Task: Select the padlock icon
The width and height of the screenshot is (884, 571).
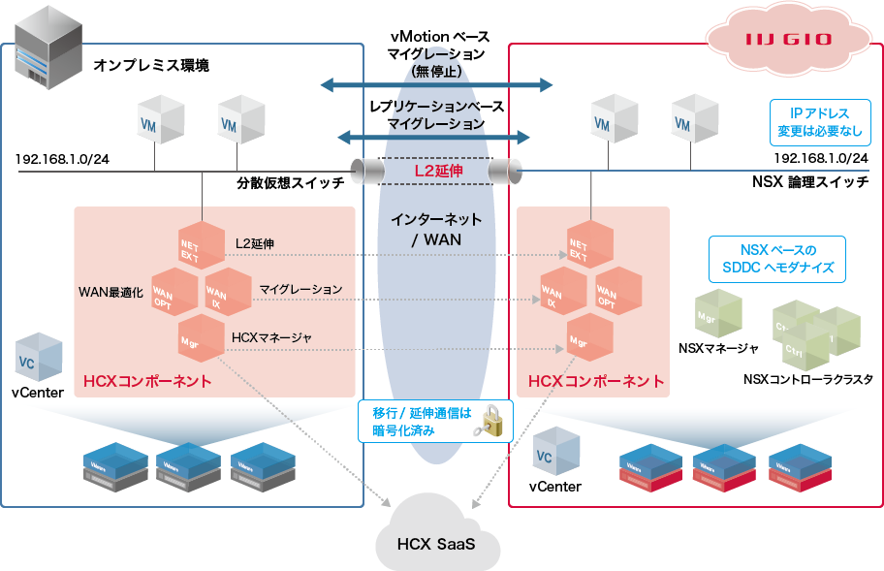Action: click(x=497, y=423)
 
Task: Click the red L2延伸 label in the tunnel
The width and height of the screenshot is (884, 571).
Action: click(x=438, y=171)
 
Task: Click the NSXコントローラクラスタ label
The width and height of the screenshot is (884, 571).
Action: click(x=807, y=380)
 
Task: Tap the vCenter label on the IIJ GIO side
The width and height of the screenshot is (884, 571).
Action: click(x=555, y=487)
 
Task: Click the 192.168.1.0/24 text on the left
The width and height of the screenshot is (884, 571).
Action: click(x=62, y=158)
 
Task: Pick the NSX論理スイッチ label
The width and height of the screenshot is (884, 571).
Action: click(x=810, y=181)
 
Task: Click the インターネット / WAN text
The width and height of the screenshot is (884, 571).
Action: click(x=436, y=229)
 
